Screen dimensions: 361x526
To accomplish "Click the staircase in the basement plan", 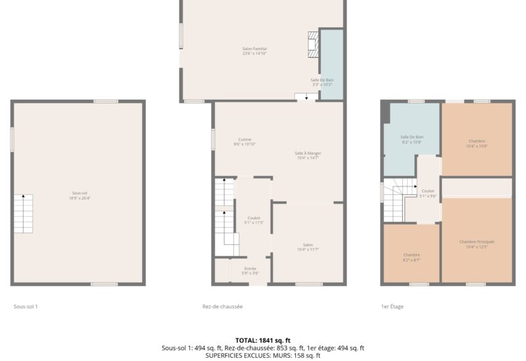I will click(23, 213).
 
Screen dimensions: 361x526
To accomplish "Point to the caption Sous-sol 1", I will click(26, 307).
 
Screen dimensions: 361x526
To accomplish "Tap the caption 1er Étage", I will click(392, 307).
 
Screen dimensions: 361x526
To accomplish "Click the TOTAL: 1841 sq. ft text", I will click(262, 340).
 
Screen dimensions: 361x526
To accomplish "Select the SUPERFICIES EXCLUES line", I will click(262, 356).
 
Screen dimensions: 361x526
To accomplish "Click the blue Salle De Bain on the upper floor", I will click(412, 139).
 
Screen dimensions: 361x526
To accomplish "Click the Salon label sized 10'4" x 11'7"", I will click(308, 247).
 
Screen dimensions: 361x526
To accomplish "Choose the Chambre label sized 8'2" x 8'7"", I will click(411, 257).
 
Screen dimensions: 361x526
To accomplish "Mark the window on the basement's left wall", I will click(12, 140).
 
